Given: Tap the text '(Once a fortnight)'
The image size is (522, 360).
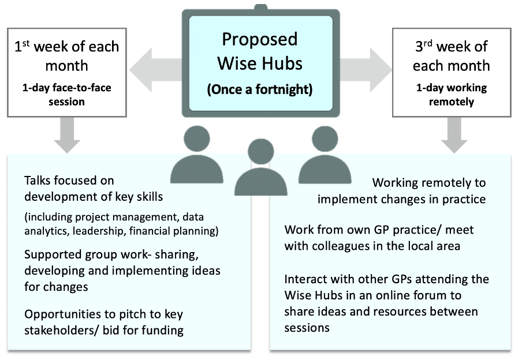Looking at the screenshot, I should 260,89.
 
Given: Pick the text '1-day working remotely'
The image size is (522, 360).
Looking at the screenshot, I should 451,95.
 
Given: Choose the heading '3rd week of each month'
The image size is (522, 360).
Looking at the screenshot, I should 451,55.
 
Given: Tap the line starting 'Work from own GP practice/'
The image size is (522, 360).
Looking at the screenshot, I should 379,230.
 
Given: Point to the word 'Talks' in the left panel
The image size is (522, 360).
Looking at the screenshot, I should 39,181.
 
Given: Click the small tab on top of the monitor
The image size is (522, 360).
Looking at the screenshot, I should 261,6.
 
